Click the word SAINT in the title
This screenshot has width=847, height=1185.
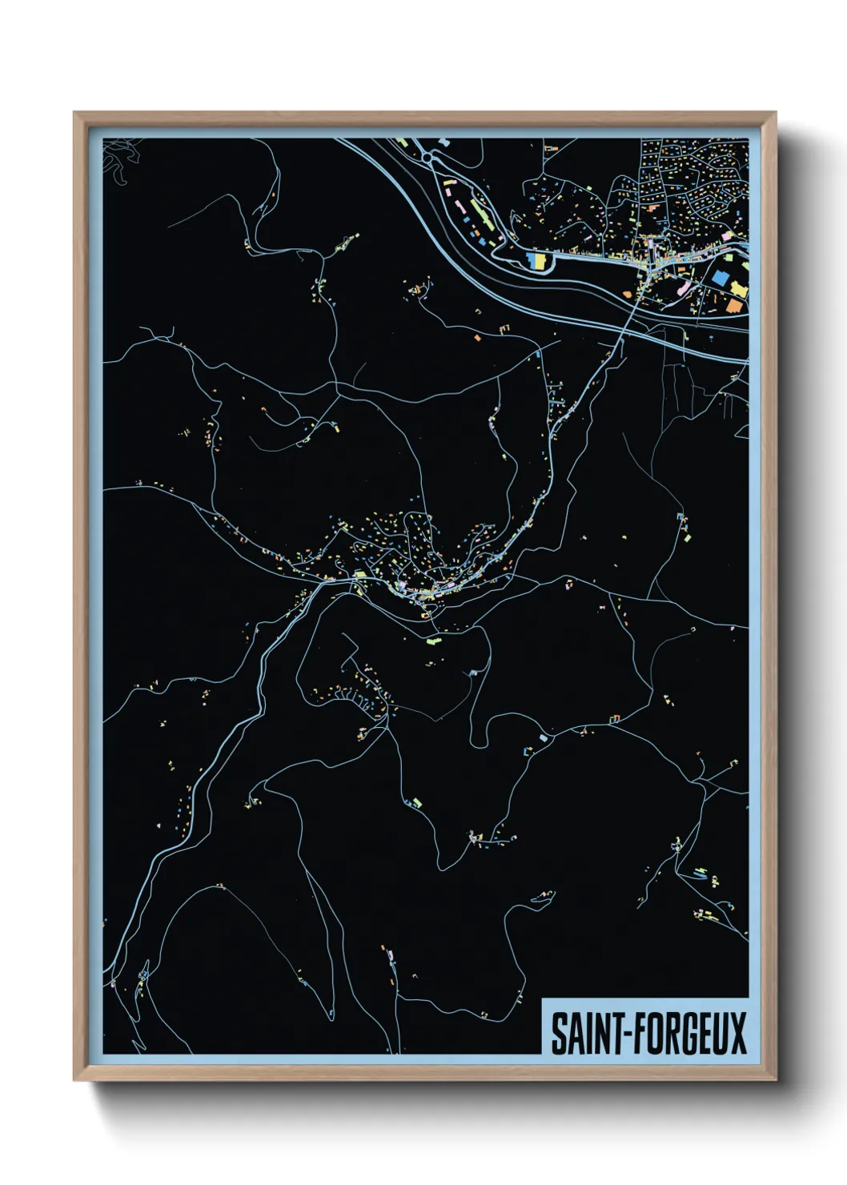pos(588,1033)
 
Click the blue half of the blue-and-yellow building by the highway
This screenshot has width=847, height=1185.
pos(532,260)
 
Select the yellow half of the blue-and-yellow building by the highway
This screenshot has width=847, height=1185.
pos(540,260)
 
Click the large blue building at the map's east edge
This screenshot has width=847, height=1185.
pos(720,278)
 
